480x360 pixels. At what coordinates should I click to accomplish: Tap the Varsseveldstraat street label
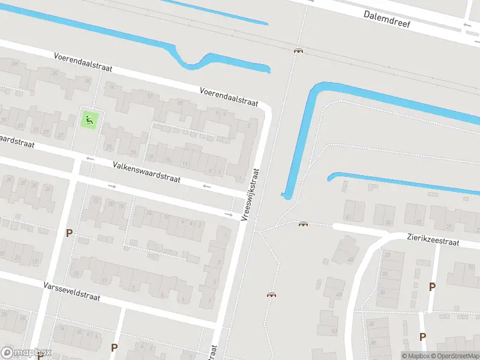[71, 292]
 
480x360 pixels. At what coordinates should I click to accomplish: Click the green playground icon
[89, 119]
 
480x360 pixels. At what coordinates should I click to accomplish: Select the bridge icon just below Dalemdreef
[298, 51]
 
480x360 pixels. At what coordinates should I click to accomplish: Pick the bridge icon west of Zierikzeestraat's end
[303, 224]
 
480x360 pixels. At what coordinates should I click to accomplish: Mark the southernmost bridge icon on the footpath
[272, 295]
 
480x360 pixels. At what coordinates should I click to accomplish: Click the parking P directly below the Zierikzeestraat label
[432, 287]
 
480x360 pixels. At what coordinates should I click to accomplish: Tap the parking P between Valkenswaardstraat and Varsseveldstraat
[69, 233]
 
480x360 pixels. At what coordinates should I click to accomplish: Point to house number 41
[347, 217]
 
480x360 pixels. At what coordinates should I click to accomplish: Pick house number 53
[335, 330]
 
